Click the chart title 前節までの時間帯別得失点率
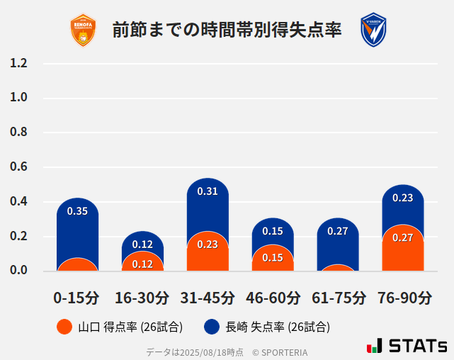(227, 30)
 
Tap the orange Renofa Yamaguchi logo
(84, 30)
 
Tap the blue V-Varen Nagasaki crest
(373, 30)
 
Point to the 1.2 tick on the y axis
(18, 63)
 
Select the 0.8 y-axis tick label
(18, 133)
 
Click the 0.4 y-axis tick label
(18, 202)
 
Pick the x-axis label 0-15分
(77, 298)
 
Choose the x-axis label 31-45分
(208, 298)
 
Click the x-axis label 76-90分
(403, 298)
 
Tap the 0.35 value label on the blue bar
(77, 211)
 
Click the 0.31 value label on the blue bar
(208, 191)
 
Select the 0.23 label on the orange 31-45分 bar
(208, 244)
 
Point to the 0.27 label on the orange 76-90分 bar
(403, 237)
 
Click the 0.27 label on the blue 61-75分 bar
(338, 231)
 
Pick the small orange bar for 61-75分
(338, 268)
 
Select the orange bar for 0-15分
(77, 264)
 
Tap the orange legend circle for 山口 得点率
(64, 327)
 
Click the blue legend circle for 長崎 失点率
(212, 327)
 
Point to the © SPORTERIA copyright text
(280, 352)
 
